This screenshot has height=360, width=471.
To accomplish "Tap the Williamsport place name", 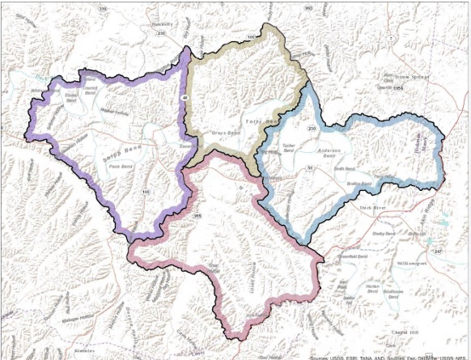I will click(x=418, y=264).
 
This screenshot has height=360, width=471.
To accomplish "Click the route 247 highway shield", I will click(x=438, y=252).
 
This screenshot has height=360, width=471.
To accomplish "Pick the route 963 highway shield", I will click(x=309, y=7).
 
